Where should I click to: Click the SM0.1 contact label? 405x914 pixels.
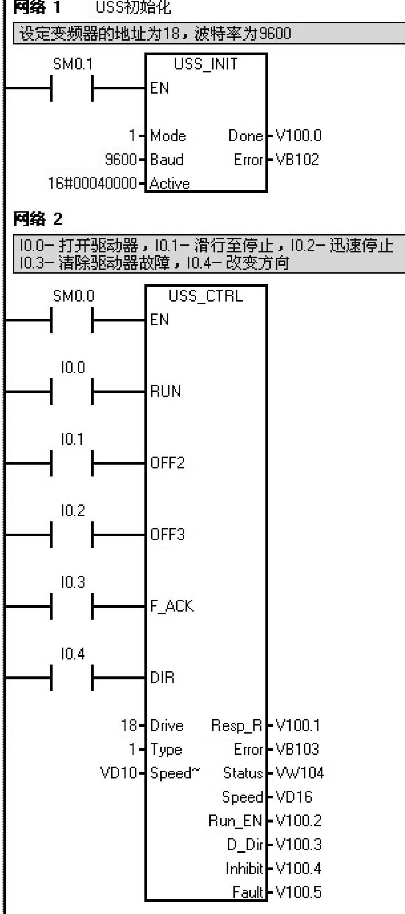tap(72, 64)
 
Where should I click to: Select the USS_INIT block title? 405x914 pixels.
tap(206, 64)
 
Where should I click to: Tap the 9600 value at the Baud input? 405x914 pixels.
tap(121, 160)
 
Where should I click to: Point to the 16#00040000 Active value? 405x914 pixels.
tap(92, 183)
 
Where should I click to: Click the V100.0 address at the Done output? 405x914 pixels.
tap(299, 136)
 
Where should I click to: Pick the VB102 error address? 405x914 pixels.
tap(297, 160)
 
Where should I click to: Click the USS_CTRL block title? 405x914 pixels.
tap(206, 296)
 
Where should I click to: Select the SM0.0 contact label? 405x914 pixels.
tap(73, 296)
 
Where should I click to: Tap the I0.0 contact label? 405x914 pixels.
tap(73, 368)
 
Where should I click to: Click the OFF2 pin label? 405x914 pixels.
tap(168, 463)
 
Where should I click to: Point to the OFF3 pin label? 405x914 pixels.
tap(168, 534)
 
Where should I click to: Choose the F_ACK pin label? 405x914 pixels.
tap(172, 606)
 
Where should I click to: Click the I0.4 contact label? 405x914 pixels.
tap(73, 654)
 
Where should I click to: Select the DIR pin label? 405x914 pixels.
tap(162, 678)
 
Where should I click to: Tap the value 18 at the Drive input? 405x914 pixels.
tap(129, 726)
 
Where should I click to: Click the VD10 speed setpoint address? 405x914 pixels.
tap(119, 773)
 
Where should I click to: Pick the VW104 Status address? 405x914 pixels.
tap(300, 773)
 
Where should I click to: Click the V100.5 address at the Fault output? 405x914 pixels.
tap(299, 892)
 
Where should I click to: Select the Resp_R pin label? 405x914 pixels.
tap(237, 726)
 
